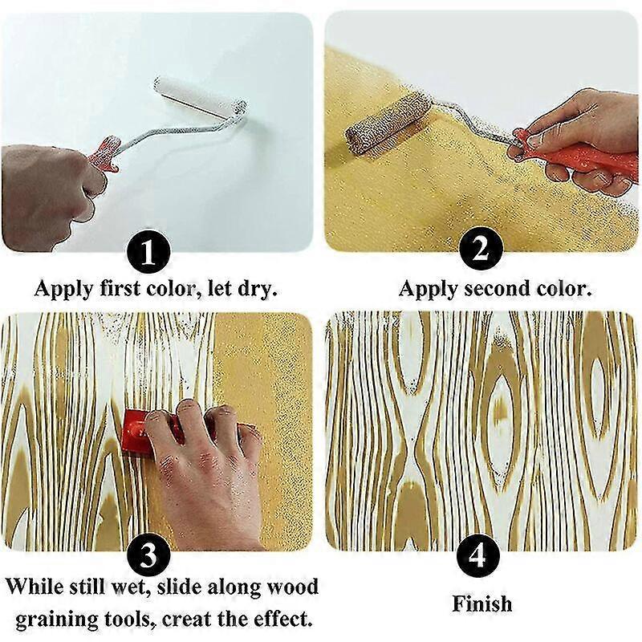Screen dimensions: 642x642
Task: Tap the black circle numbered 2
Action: [x=480, y=251]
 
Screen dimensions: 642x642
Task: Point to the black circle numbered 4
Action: [x=480, y=554]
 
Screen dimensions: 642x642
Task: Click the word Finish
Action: [x=481, y=603]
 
